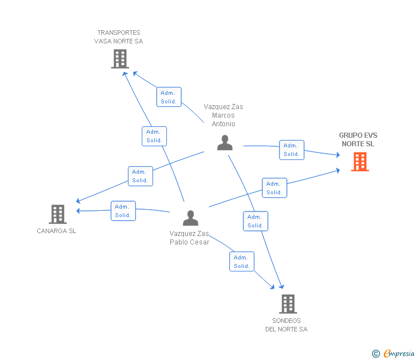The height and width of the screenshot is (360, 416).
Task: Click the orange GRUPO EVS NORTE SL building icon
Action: [359, 162]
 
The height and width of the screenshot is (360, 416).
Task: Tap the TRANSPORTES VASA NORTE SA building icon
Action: [119, 59]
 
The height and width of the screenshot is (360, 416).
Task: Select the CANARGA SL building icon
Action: [58, 214]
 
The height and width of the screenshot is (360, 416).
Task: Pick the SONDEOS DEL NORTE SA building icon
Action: [288, 304]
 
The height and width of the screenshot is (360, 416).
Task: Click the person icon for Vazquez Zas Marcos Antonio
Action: [225, 143]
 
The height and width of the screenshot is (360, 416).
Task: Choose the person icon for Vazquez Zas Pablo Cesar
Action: [190, 218]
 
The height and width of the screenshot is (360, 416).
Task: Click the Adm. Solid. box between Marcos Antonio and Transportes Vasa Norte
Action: [169, 97]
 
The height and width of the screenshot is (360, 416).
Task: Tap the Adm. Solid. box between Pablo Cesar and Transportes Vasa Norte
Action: [154, 137]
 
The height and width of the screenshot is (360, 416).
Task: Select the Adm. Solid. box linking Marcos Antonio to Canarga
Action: [140, 176]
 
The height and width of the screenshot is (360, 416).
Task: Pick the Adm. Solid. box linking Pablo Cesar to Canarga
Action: [123, 211]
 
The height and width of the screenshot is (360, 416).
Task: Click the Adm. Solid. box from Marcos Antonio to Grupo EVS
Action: [291, 150]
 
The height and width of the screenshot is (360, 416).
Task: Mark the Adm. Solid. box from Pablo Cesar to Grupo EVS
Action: [274, 188]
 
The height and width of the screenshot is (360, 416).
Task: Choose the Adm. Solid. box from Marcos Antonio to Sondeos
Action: [255, 221]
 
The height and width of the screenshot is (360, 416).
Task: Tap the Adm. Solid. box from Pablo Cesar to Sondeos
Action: [242, 262]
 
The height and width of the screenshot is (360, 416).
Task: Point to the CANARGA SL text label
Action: [57, 231]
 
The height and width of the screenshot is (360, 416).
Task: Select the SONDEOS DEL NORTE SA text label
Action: [286, 325]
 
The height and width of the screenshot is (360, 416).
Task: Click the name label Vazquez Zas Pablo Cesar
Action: [189, 238]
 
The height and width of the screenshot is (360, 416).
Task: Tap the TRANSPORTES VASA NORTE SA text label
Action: [119, 37]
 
